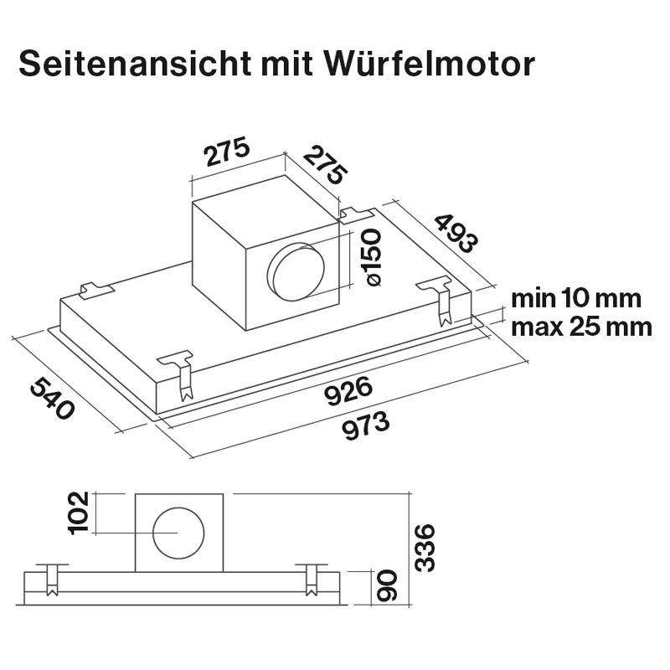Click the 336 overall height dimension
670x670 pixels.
pyautogui.click(x=425, y=547)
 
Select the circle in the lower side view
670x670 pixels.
pyautogui.click(x=178, y=533)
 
